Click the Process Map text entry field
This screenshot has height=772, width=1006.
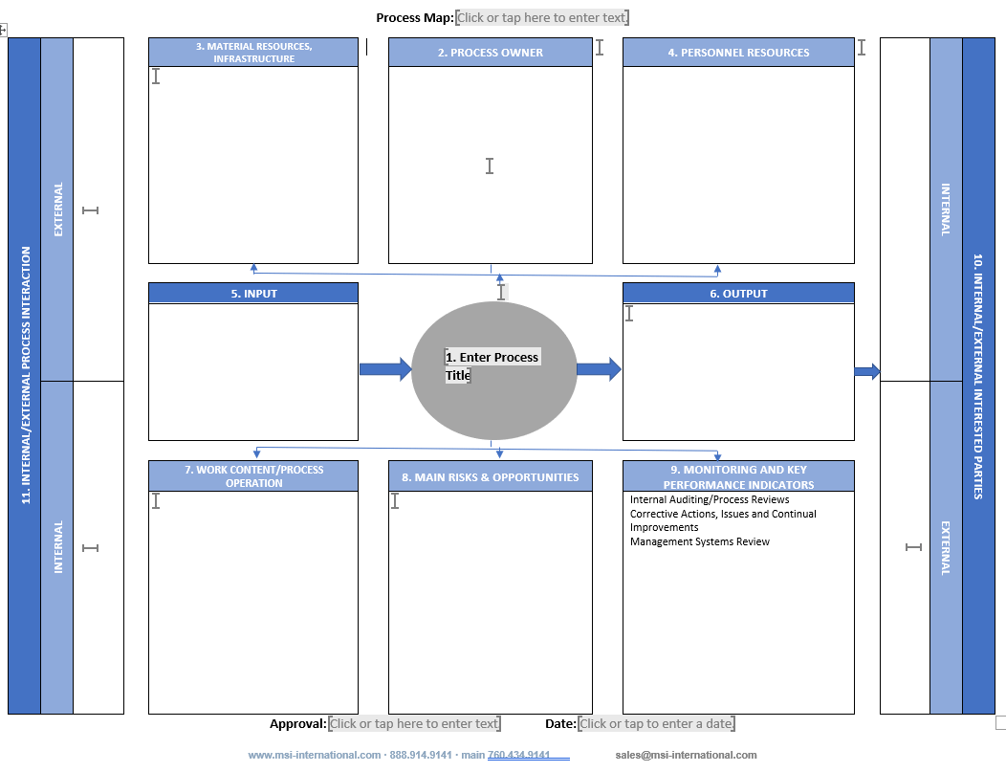pyautogui.click(x=542, y=17)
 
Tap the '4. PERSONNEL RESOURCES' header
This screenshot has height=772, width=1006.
pyautogui.click(x=738, y=53)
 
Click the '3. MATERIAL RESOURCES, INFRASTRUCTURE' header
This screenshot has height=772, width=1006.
pyautogui.click(x=253, y=53)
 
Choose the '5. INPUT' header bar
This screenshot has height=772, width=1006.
pyautogui.click(x=253, y=294)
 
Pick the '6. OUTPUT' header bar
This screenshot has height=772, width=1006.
pyautogui.click(x=738, y=294)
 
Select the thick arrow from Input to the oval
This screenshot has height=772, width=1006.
pyautogui.click(x=385, y=369)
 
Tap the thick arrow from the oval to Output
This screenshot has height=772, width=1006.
pyautogui.click(x=599, y=369)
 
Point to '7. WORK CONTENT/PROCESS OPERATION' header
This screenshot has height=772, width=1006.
pyautogui.click(x=253, y=476)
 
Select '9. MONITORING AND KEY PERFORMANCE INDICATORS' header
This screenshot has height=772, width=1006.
pyautogui.click(x=738, y=476)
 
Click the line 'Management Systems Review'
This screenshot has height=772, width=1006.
pyautogui.click(x=699, y=541)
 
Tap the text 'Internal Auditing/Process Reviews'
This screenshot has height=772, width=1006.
pyautogui.click(x=710, y=499)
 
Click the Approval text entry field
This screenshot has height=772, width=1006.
pyautogui.click(x=414, y=724)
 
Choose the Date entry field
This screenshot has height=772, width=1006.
pyautogui.click(x=656, y=724)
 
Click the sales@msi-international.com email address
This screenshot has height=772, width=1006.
pyautogui.click(x=686, y=755)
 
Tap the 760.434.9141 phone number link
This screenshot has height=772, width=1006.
pyautogui.click(x=518, y=755)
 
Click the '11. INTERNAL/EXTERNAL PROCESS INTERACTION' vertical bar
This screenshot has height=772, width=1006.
pyautogui.click(x=25, y=375)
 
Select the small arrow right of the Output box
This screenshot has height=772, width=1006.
pyautogui.click(x=866, y=371)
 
